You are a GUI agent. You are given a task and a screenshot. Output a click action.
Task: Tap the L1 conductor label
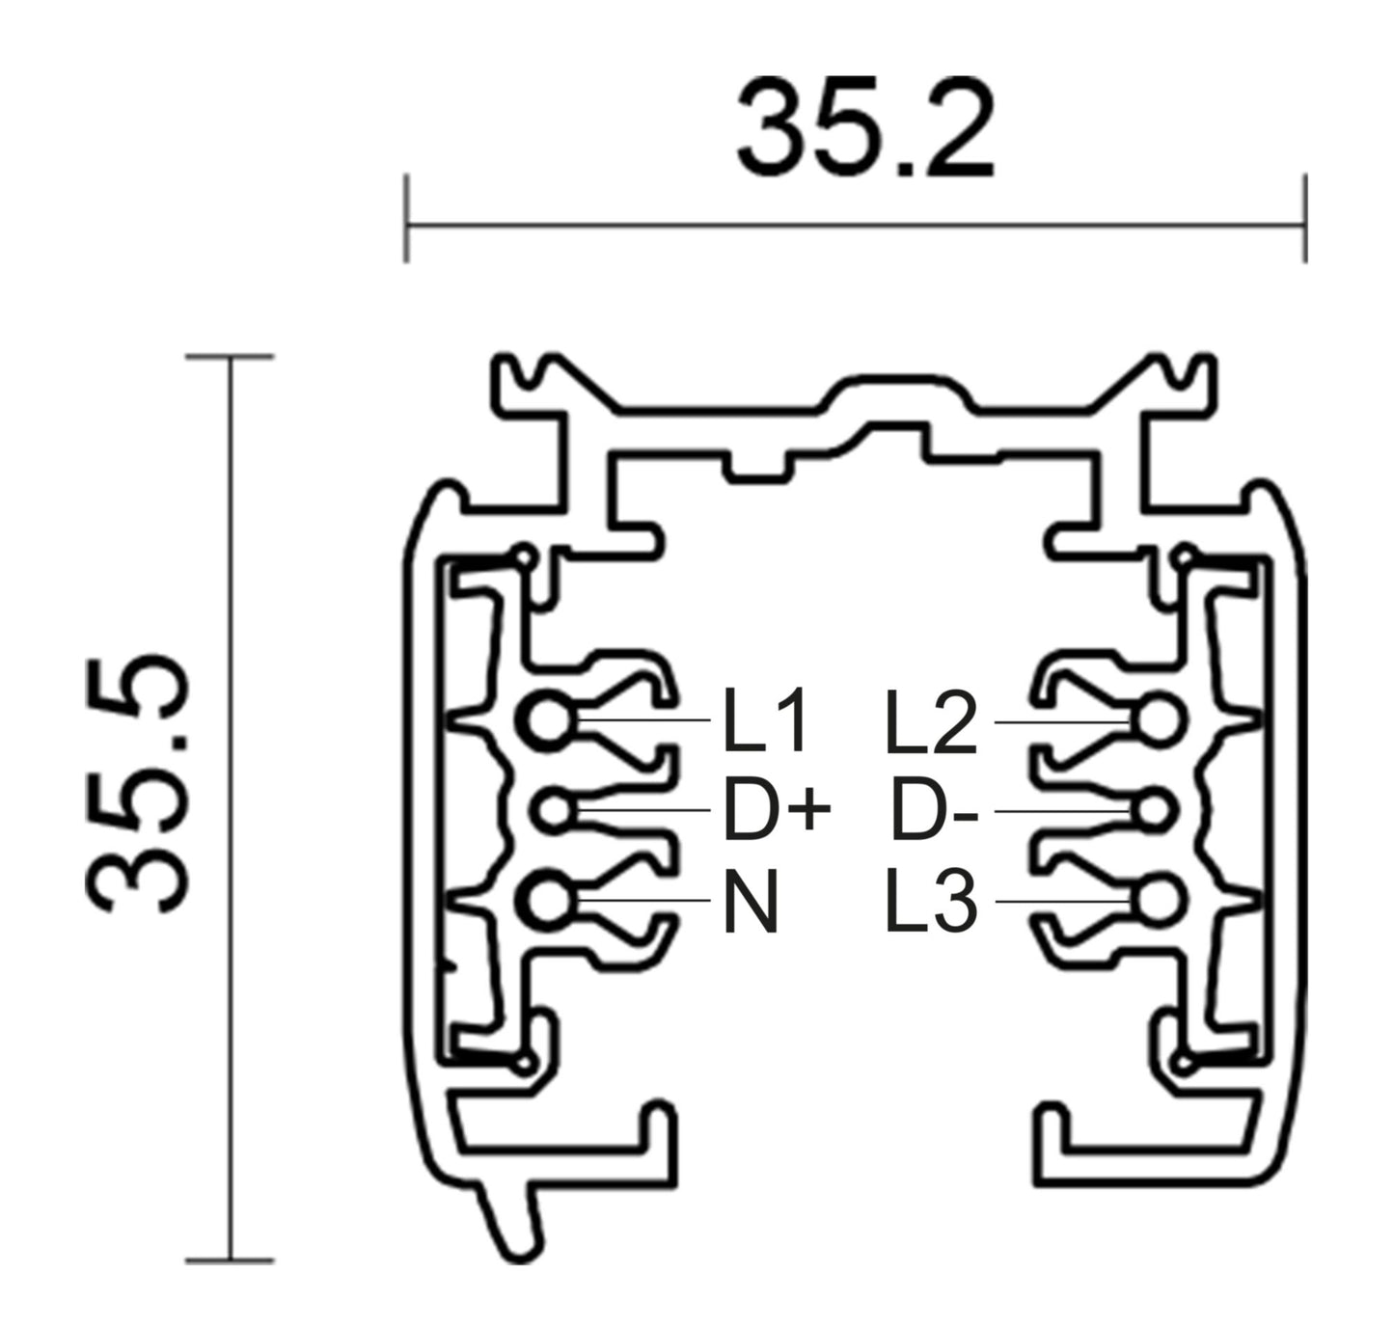tap(764, 722)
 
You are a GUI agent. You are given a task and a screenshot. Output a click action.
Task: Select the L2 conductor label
tap(930, 722)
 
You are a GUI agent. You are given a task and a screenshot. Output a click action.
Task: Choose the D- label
tap(934, 811)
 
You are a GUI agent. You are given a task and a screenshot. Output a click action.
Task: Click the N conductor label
tap(751, 902)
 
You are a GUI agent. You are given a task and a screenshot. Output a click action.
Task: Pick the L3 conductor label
tap(932, 902)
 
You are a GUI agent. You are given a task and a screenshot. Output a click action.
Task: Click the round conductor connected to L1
tap(549, 720)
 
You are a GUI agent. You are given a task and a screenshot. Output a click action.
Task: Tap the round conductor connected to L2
tap(1156, 720)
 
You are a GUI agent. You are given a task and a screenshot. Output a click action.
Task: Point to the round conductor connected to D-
tap(1152, 811)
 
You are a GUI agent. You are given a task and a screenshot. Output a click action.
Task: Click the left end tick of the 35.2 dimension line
tap(406, 219)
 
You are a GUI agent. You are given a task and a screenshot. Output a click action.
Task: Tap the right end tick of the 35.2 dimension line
tap(1305, 219)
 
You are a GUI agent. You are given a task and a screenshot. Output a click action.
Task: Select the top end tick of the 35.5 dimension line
tap(230, 357)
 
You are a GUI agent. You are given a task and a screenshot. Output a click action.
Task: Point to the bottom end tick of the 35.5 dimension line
tap(230, 1260)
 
